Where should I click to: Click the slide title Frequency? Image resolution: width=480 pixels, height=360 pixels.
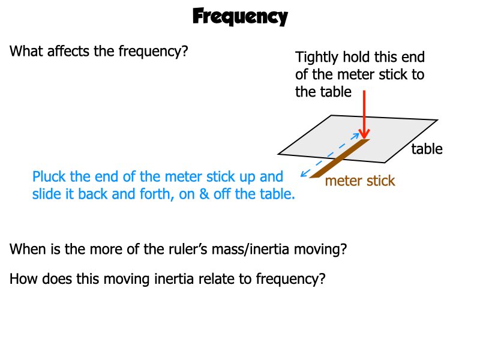[x=240, y=17]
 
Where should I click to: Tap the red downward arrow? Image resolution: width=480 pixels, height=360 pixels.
[x=364, y=114]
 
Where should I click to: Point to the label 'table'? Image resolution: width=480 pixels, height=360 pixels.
[x=427, y=149]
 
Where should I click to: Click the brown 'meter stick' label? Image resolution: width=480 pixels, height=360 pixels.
[x=360, y=181]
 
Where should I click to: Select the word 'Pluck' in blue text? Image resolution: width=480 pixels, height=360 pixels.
[x=49, y=177]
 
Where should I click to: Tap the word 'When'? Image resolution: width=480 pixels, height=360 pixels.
[x=28, y=249]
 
